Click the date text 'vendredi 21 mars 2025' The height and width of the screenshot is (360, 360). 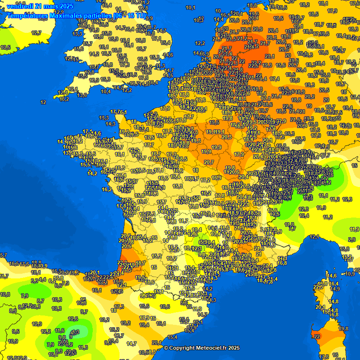pos(40,6)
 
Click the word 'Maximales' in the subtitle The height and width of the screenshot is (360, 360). pos(64,15)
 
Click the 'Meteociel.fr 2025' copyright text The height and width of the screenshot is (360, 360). pos(202,348)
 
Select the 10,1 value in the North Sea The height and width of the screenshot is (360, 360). pos(190,7)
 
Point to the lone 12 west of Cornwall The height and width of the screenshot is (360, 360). pos(43,102)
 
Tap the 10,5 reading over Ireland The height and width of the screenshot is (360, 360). pos(6,47)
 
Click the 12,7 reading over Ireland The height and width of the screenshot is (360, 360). pos(36,33)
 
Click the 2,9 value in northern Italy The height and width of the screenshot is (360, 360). pos(352,240)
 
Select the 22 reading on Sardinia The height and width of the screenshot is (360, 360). pos(317,337)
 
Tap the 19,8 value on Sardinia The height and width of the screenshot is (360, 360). pos(344,329)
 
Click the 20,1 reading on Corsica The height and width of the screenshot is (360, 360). pos(321,307)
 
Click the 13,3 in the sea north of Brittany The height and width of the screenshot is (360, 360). pos(104,118)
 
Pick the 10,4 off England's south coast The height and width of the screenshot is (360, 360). pos(106,91)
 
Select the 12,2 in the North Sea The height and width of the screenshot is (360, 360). pos(200,43)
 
